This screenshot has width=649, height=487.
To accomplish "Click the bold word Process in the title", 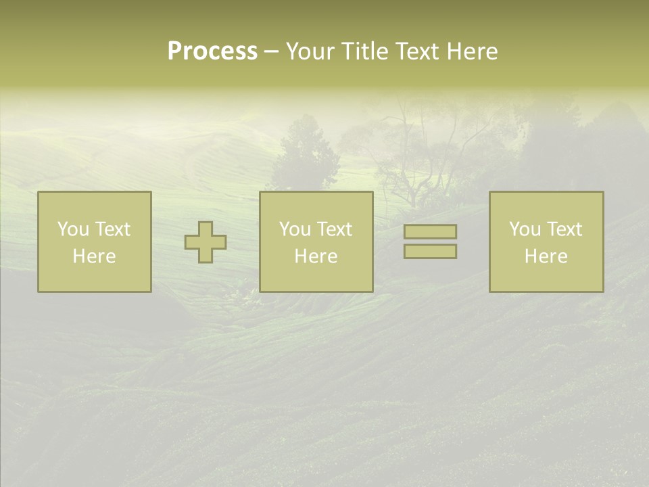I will [x=212, y=51].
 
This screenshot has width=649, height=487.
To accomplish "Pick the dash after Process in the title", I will [x=271, y=52].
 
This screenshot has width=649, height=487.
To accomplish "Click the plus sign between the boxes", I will [x=206, y=242].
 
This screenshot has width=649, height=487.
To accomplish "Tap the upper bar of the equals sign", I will [x=430, y=231].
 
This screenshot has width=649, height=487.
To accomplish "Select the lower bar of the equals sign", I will [x=430, y=252].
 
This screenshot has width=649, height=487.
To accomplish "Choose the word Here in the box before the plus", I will [x=94, y=256].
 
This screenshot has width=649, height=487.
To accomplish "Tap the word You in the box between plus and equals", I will [x=294, y=229].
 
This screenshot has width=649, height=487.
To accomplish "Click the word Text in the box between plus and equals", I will [x=333, y=229].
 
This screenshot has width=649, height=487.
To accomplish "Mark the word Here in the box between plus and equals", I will [x=316, y=256].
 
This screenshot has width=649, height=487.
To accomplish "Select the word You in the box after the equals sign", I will [x=524, y=229].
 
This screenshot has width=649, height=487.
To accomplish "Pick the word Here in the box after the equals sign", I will [x=546, y=256].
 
